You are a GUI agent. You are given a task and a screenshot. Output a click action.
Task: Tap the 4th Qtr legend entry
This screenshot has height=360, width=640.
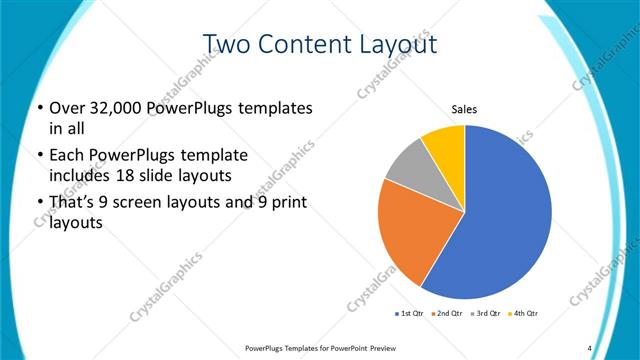(523, 314)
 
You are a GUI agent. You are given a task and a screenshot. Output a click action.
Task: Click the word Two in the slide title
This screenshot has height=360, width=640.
(229, 45)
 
